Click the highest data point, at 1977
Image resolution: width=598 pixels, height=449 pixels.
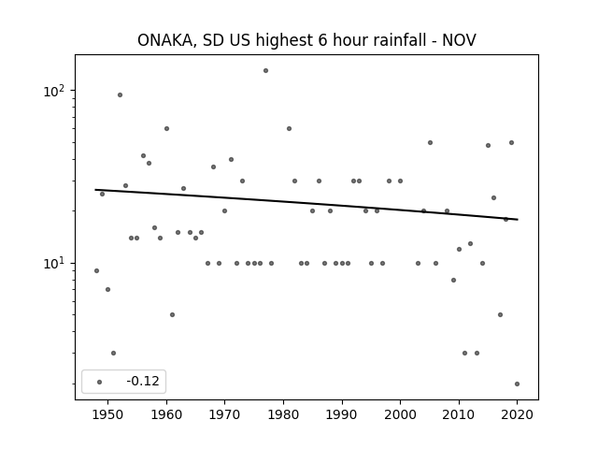tap(265, 71)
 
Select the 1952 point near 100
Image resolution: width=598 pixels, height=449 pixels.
tap(121, 95)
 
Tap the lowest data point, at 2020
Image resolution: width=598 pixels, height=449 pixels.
tap(517, 384)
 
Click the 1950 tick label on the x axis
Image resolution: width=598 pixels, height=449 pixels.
tap(108, 414)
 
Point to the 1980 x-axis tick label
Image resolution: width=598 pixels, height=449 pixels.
tap(283, 414)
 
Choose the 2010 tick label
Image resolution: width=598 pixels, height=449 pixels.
tap(459, 414)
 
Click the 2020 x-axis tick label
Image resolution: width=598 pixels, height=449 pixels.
tap(517, 414)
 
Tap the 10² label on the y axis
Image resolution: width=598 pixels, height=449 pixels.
tap(54, 92)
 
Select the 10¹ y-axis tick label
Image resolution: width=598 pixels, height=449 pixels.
tap(54, 264)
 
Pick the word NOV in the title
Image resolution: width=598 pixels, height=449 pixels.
tap(459, 40)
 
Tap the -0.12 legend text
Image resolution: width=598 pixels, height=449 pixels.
tap(143, 381)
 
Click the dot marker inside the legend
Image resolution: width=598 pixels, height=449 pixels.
tap(100, 382)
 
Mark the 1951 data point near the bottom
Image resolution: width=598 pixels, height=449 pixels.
tap(114, 354)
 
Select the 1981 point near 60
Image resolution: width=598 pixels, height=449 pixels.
tap(289, 129)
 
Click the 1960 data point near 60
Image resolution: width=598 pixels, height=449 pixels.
tap(166, 129)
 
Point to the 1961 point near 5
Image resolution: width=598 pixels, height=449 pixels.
tap(172, 315)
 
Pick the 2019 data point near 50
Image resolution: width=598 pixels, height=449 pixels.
tap(512, 143)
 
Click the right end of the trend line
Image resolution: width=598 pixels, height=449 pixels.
tap(518, 220)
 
